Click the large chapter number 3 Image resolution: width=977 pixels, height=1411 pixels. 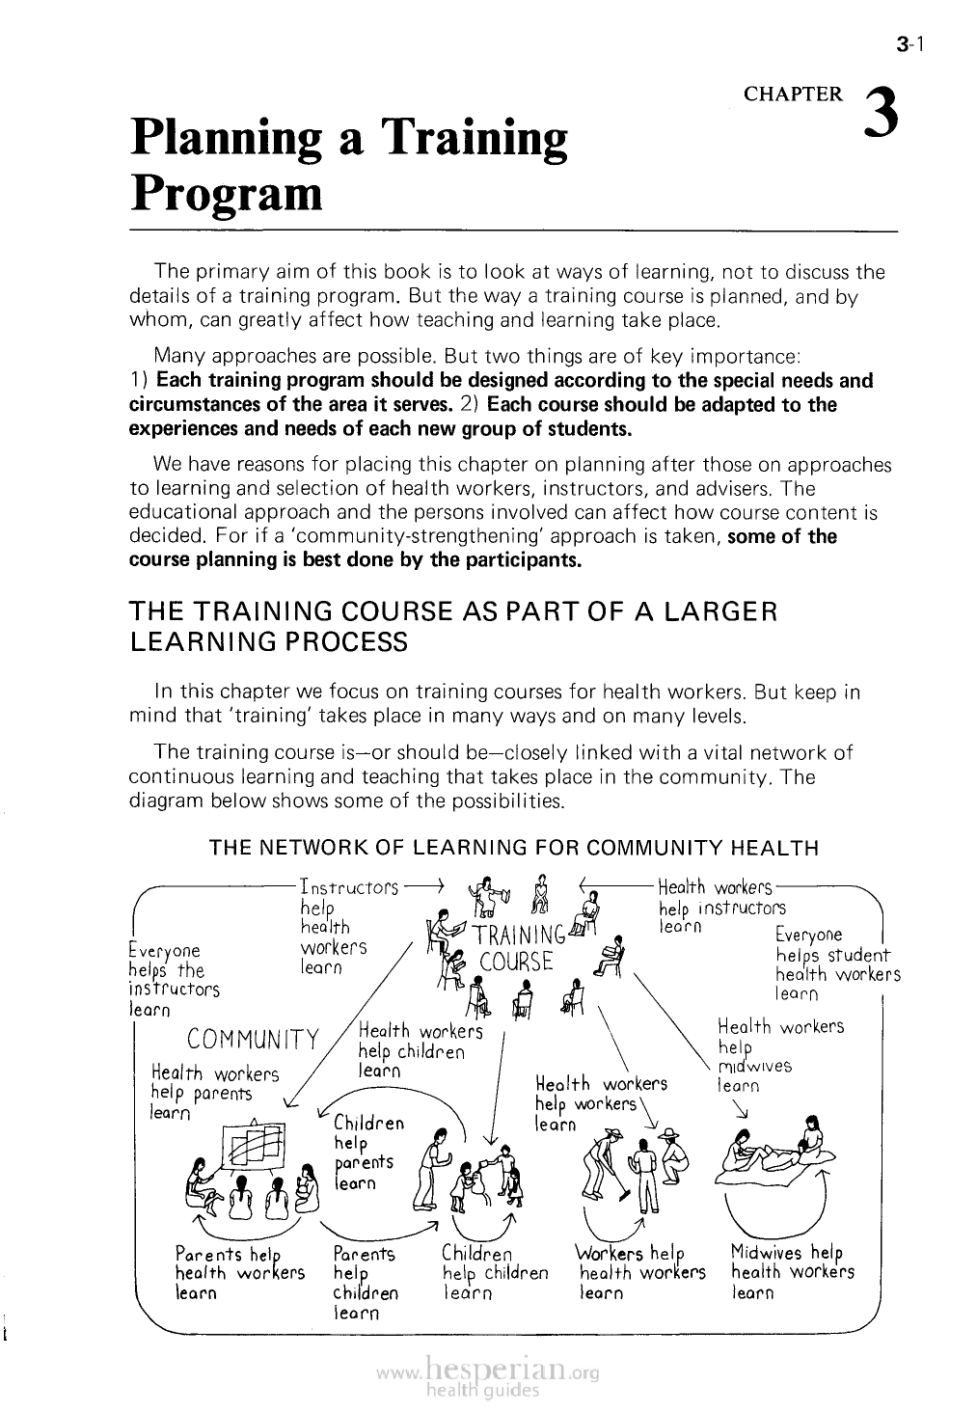(882, 114)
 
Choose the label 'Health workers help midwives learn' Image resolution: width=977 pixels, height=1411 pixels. (779, 1055)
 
